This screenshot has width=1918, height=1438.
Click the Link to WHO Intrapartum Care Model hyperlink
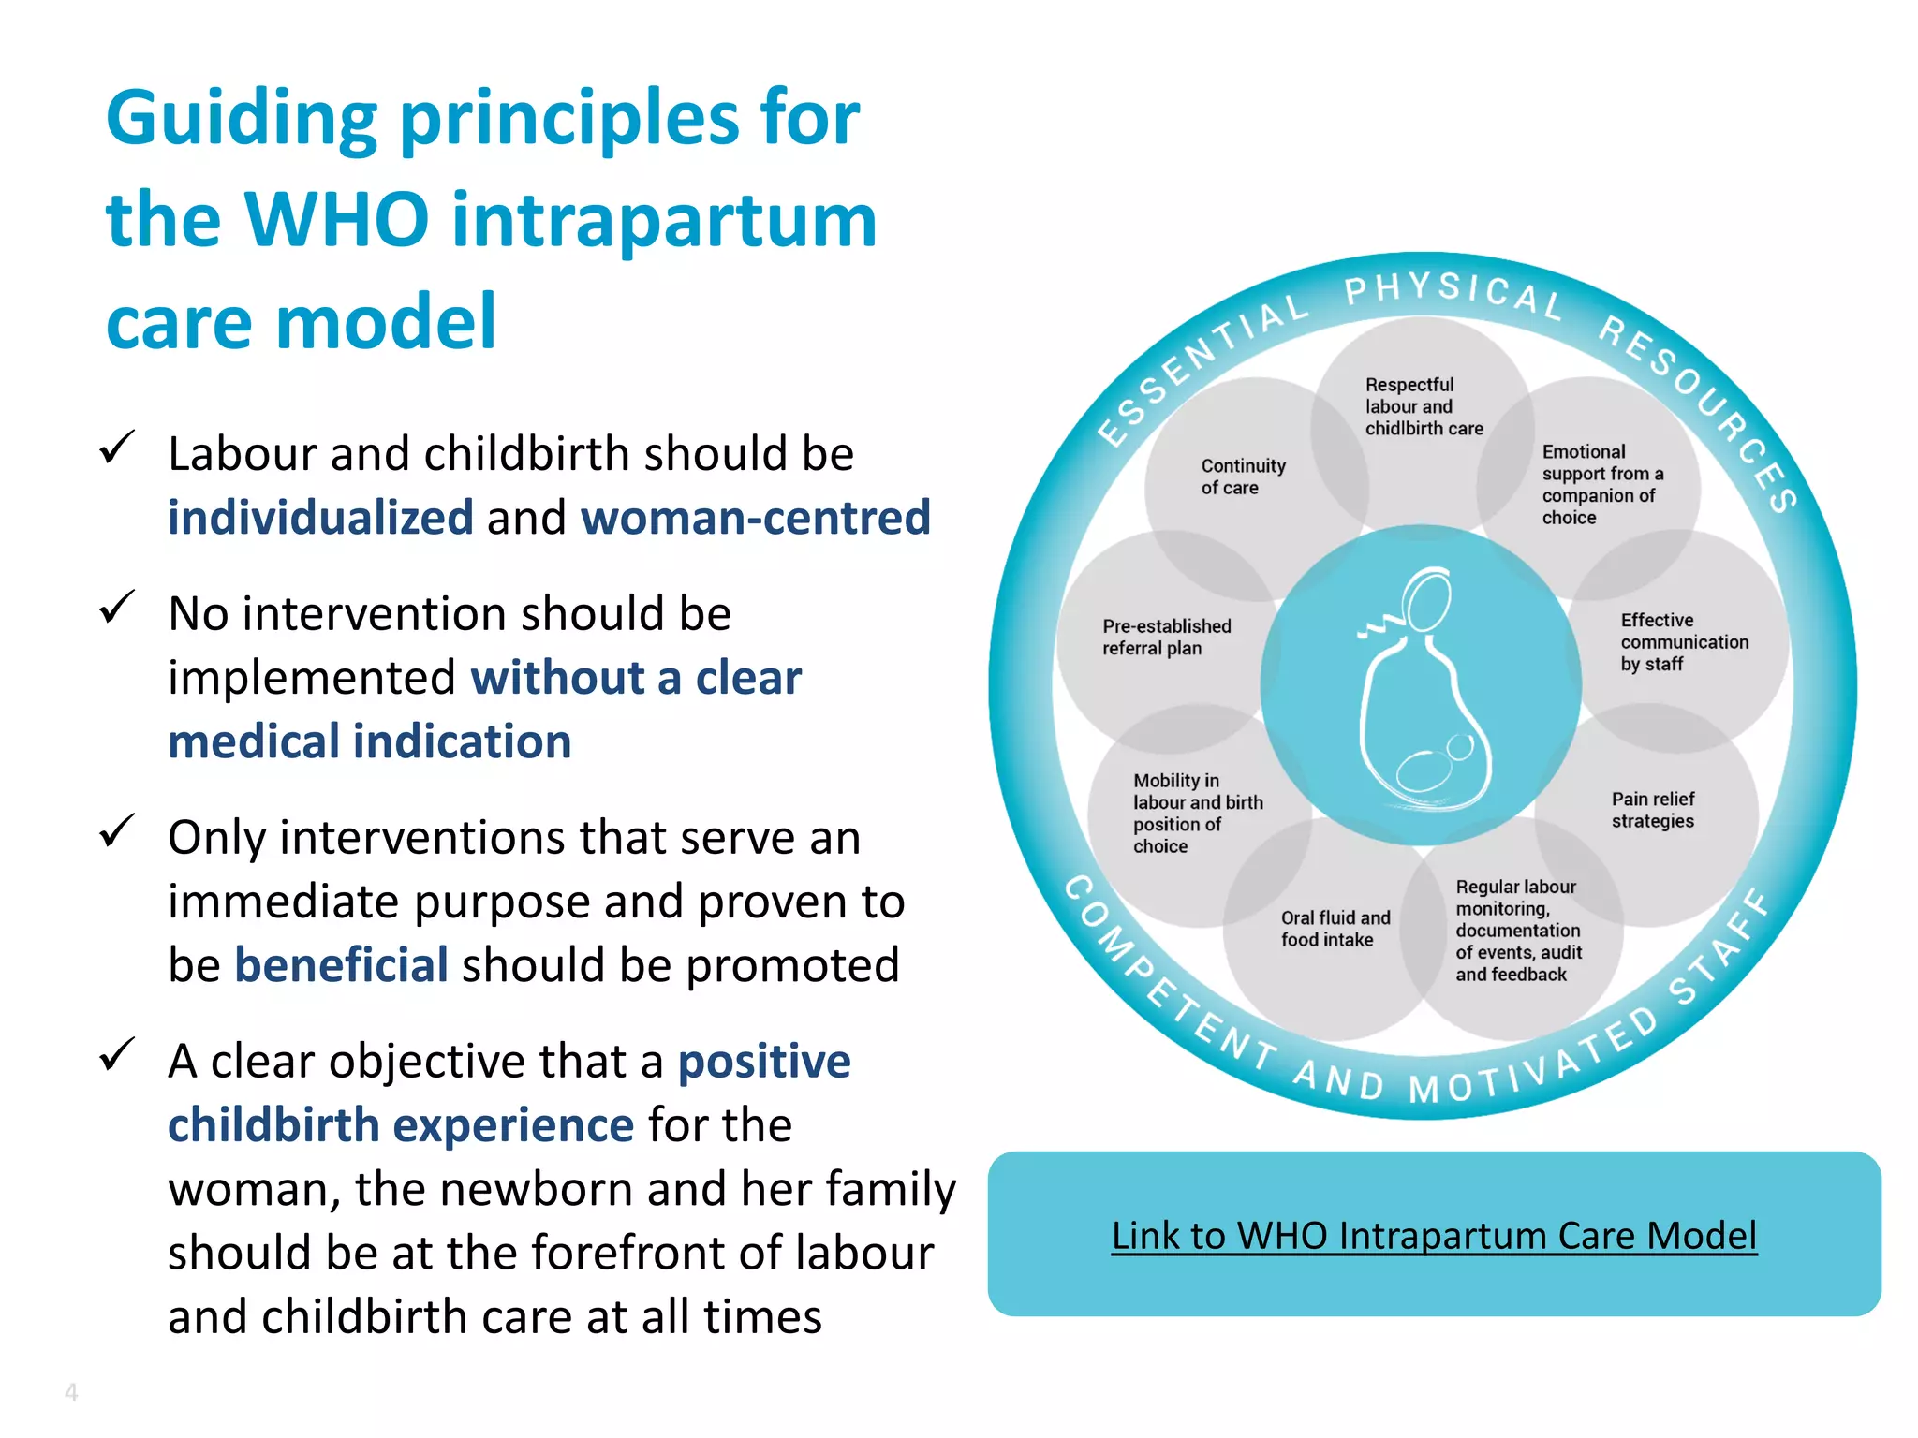[1434, 1236]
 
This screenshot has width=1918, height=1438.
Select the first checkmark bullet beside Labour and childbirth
[117, 448]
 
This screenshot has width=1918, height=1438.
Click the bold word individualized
[320, 518]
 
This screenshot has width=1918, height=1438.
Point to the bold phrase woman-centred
[755, 518]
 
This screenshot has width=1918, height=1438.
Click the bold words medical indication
[369, 741]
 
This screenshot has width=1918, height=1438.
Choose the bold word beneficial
[341, 965]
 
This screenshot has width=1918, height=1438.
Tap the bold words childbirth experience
[401, 1125]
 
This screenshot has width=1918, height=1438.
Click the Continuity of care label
[1242, 477]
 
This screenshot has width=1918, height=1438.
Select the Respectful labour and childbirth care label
[1423, 406]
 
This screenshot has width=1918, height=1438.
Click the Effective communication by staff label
[1683, 642]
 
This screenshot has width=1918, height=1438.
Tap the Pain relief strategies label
[1652, 810]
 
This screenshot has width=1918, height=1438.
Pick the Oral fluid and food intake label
[1334, 929]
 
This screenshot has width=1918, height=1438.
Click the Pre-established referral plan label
[1165, 637]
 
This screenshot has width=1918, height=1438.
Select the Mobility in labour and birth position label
[1196, 813]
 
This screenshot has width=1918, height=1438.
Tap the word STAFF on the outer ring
[1720, 947]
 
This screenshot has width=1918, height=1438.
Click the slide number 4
[71, 1392]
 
